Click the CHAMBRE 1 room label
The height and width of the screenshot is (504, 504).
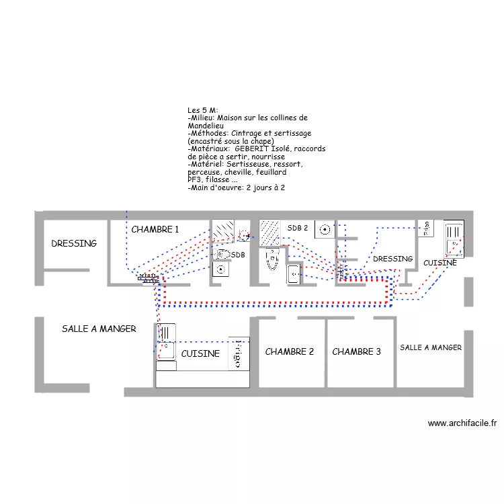155,230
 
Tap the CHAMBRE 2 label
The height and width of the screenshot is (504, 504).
290,352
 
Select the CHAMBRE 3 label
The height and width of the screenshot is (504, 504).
356,352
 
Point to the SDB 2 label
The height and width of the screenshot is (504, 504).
298,228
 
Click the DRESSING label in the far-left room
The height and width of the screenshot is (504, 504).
74,244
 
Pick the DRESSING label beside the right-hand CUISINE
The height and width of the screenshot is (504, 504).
393,259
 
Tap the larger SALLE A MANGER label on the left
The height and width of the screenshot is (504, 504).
99,329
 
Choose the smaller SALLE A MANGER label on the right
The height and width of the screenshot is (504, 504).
431,347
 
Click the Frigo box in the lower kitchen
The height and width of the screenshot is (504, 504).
239,353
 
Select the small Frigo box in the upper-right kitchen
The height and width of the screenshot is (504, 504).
425,228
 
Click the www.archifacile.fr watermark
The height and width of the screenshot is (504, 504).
462,423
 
